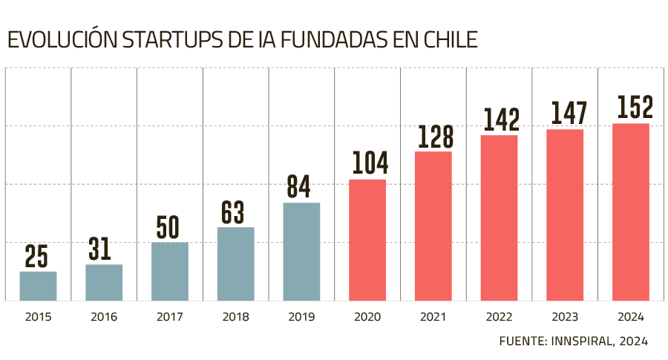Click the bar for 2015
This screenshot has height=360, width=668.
point(38,286)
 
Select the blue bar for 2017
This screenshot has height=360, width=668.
point(169,271)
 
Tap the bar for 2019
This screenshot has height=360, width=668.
point(301,252)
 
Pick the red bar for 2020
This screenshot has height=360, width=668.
point(367,239)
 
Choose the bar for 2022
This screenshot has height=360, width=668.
point(499,217)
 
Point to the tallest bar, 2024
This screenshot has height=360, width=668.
point(631,212)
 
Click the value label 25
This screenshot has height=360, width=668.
point(37,257)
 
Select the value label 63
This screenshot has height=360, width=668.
point(235,213)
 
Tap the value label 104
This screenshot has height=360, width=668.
point(367,164)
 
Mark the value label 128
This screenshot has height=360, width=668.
point(433,137)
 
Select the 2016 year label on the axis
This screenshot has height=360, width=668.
point(104,317)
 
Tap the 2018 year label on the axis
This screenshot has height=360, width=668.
point(235,317)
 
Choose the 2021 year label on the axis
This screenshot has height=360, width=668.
point(433,317)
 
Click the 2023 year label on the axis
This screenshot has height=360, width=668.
point(565,317)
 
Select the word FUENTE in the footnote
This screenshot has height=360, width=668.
point(522,341)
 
